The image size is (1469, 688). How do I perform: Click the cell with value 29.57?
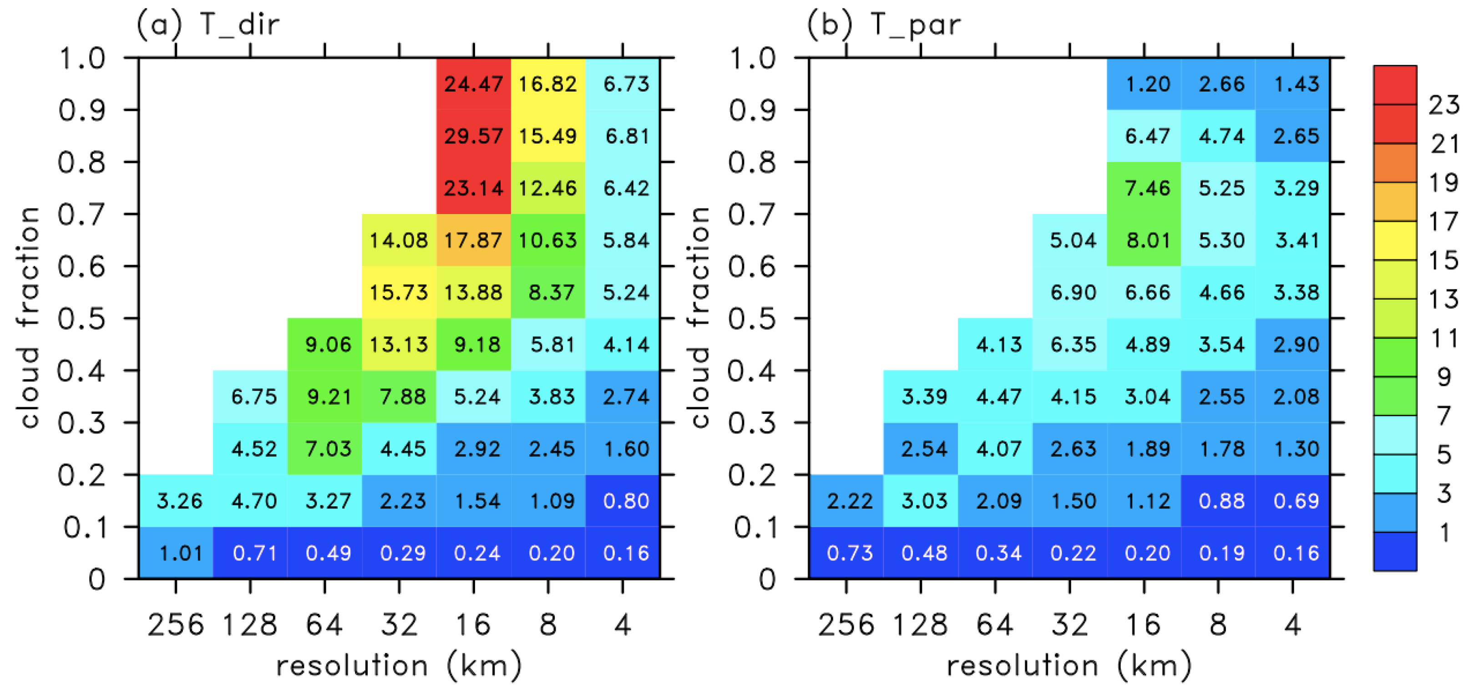[473, 136]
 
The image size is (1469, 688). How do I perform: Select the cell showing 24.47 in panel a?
[473, 84]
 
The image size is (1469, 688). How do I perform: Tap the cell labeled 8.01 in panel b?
[1144, 240]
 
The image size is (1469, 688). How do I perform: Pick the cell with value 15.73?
[399, 292]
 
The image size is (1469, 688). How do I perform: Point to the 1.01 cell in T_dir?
[176, 553]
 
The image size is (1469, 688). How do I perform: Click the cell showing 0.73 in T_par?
[846, 553]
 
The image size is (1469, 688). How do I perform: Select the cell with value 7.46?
[1144, 188]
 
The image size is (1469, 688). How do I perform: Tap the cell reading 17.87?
[473, 240]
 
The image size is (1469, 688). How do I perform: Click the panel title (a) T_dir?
[208, 24]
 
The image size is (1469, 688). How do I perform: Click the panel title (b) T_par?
[883, 24]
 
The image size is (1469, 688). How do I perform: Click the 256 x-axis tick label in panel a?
[176, 624]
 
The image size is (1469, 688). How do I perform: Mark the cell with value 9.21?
[324, 397]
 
